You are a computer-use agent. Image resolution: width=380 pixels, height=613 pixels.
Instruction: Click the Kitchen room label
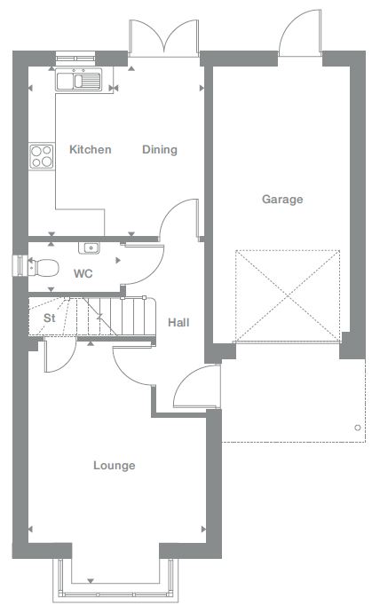point(90,149)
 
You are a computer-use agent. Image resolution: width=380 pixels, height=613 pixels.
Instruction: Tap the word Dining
point(160,150)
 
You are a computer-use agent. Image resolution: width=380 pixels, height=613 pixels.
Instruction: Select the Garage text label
point(282,200)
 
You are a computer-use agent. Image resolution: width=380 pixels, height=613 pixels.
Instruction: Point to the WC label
point(83,273)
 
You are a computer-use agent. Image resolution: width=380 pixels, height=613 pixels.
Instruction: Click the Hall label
point(178,323)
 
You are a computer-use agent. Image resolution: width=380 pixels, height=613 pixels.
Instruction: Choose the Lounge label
point(115,466)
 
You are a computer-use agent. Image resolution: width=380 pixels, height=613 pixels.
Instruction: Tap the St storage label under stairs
point(50,318)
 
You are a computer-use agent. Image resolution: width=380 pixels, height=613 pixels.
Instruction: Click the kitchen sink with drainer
point(79,80)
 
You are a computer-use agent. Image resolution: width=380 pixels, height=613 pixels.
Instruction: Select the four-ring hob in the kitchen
point(42,156)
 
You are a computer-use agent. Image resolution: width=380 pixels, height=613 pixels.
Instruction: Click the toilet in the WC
point(44,267)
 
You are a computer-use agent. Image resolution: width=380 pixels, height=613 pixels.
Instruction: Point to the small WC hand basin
point(89,248)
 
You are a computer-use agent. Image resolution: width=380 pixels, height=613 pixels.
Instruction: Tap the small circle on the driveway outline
point(357,428)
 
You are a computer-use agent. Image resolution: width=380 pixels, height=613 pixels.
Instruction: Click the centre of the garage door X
point(288,296)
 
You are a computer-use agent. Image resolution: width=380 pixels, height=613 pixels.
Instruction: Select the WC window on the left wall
point(19,266)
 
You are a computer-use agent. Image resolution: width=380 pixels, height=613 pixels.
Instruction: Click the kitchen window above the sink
point(75,59)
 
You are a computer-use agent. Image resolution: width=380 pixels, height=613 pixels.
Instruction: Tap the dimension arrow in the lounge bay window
point(91,581)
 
